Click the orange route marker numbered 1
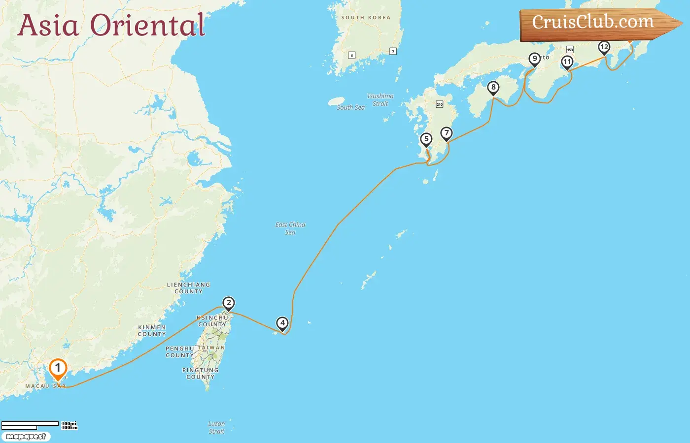click(58, 368)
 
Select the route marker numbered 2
click(228, 303)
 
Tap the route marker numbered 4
click(282, 323)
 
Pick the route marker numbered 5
click(426, 139)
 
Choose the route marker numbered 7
click(447, 133)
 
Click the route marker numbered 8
click(493, 88)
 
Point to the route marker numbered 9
click(535, 59)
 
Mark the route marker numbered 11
click(567, 62)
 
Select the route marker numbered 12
click(604, 47)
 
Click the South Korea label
click(366, 18)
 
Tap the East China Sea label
click(290, 228)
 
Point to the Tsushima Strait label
click(380, 100)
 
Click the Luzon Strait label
click(216, 427)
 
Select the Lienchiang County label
click(188, 288)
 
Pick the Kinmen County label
click(152, 330)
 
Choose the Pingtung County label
click(200, 373)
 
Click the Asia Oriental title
click(111, 26)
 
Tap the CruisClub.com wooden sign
click(593, 23)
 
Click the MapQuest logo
click(26, 436)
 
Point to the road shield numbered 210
click(440, 104)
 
